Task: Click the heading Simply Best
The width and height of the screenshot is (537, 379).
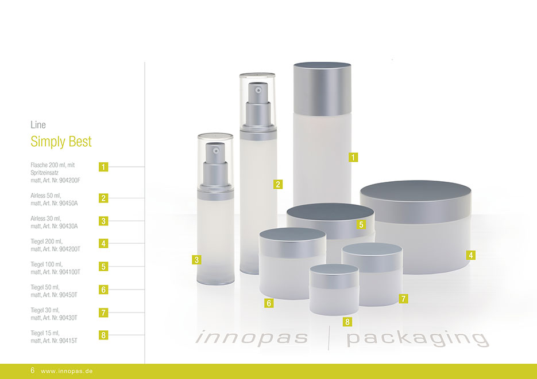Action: pyautogui.click(x=61, y=142)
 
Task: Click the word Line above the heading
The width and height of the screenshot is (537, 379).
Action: pyautogui.click(x=38, y=125)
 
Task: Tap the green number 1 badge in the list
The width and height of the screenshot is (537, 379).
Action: pyautogui.click(x=103, y=167)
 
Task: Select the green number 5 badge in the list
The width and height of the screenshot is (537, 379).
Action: pyautogui.click(x=103, y=266)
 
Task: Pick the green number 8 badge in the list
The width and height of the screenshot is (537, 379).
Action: pyautogui.click(x=103, y=335)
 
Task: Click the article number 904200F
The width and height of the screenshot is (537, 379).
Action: pyautogui.click(x=69, y=180)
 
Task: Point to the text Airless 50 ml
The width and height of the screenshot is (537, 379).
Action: pyautogui.click(x=45, y=196)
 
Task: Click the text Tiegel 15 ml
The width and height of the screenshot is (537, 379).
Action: pyautogui.click(x=45, y=333)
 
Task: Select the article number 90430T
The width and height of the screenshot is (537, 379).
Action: pyautogui.click(x=68, y=318)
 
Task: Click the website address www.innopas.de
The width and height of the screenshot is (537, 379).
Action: pyautogui.click(x=67, y=371)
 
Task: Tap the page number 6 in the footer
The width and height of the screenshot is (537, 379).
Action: pyautogui.click(x=33, y=370)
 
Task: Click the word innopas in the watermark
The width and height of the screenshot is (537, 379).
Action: pyautogui.click(x=252, y=338)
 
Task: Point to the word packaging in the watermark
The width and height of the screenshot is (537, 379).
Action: pyautogui.click(x=418, y=338)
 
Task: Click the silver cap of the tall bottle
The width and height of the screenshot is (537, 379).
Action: pyautogui.click(x=322, y=89)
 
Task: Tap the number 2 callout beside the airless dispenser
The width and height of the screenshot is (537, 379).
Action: pyautogui.click(x=278, y=184)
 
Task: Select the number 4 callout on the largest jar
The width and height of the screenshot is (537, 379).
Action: pyautogui.click(x=470, y=255)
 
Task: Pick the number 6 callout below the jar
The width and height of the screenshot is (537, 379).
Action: pyautogui.click(x=269, y=303)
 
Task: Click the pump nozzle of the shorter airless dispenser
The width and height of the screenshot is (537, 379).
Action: pyautogui.click(x=215, y=150)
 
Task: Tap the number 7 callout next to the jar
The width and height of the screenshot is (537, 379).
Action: pyautogui.click(x=403, y=299)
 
